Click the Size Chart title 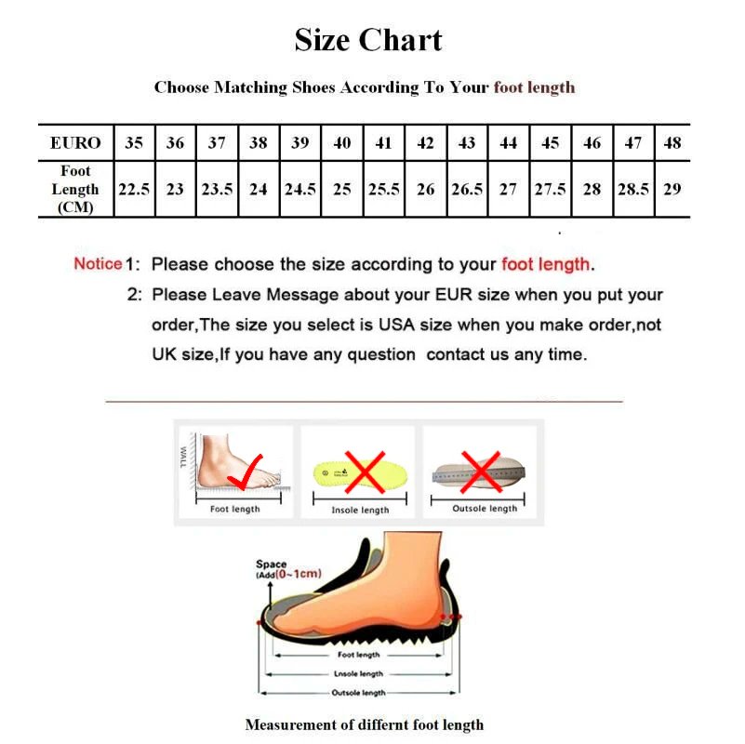click(368, 40)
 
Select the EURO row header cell click(75, 143)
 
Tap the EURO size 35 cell click(134, 143)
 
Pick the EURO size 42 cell click(425, 143)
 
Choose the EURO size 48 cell click(672, 143)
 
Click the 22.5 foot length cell click(134, 189)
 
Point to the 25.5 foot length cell click(383, 189)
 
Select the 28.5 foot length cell click(632, 189)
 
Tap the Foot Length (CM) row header click(75, 189)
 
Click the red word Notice click(98, 263)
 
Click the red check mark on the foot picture click(247, 472)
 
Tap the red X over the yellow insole click(365, 471)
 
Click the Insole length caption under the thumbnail click(360, 511)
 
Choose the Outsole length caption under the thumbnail click(485, 509)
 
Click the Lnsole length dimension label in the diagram click(358, 673)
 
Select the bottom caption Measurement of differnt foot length click(364, 724)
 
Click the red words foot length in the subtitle click(534, 87)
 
